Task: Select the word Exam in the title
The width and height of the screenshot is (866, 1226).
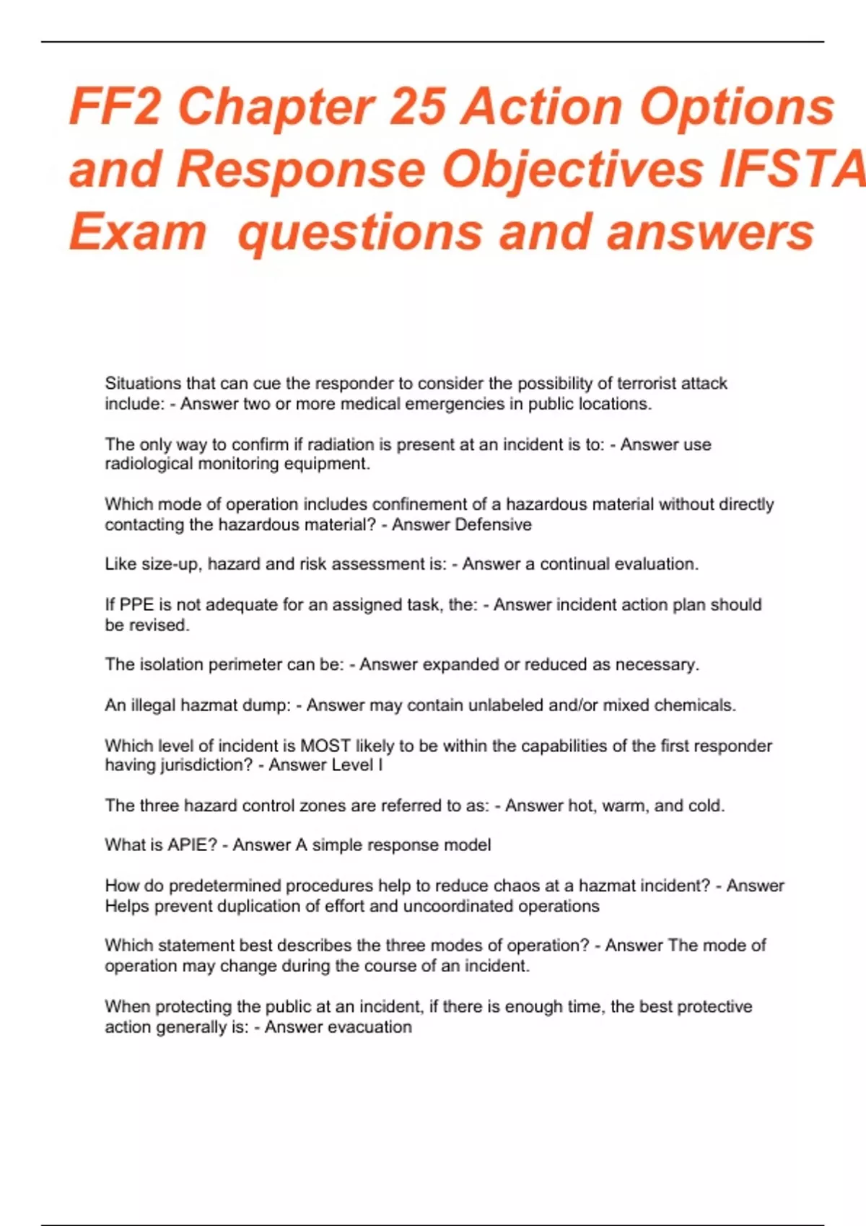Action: coord(138,232)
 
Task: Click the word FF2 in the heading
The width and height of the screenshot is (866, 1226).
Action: coord(115,108)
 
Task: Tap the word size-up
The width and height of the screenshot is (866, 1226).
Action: coord(170,564)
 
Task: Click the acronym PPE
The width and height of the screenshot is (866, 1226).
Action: coord(136,604)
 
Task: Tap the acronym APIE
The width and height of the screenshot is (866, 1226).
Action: coord(192,845)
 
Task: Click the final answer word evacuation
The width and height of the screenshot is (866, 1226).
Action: coord(369,1027)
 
